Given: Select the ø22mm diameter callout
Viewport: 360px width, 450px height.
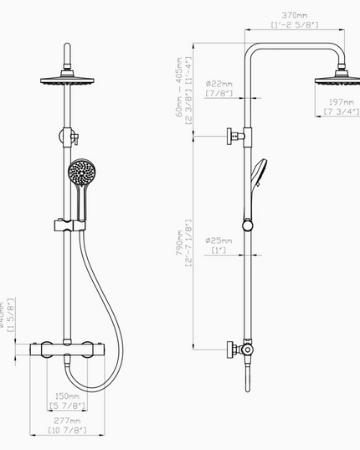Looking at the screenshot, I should tap(219, 83).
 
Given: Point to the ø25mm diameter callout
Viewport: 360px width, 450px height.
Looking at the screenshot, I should tap(219, 241).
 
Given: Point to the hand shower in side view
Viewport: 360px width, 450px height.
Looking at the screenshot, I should tap(255, 180).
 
